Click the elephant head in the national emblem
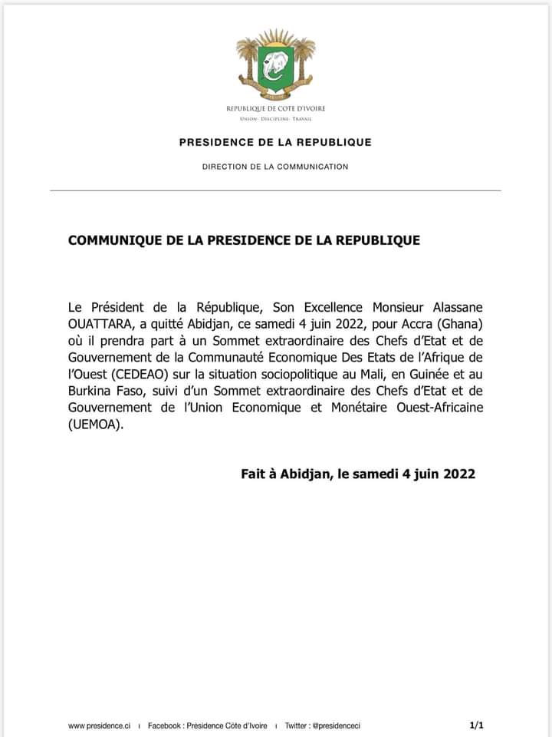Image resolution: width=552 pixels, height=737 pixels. pos(275,67)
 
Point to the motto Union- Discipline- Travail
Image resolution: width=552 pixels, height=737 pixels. pos(275,119)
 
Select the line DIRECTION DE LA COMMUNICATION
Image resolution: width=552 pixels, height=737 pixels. pos(275,167)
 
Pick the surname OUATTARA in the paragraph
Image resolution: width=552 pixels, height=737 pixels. pos(98,323)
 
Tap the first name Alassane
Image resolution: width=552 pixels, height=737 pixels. pos(457,306)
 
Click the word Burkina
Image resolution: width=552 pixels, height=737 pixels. pos(90,391)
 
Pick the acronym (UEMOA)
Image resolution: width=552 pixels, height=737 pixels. pos(95,425)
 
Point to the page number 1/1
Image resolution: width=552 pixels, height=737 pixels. pos(476,725)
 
